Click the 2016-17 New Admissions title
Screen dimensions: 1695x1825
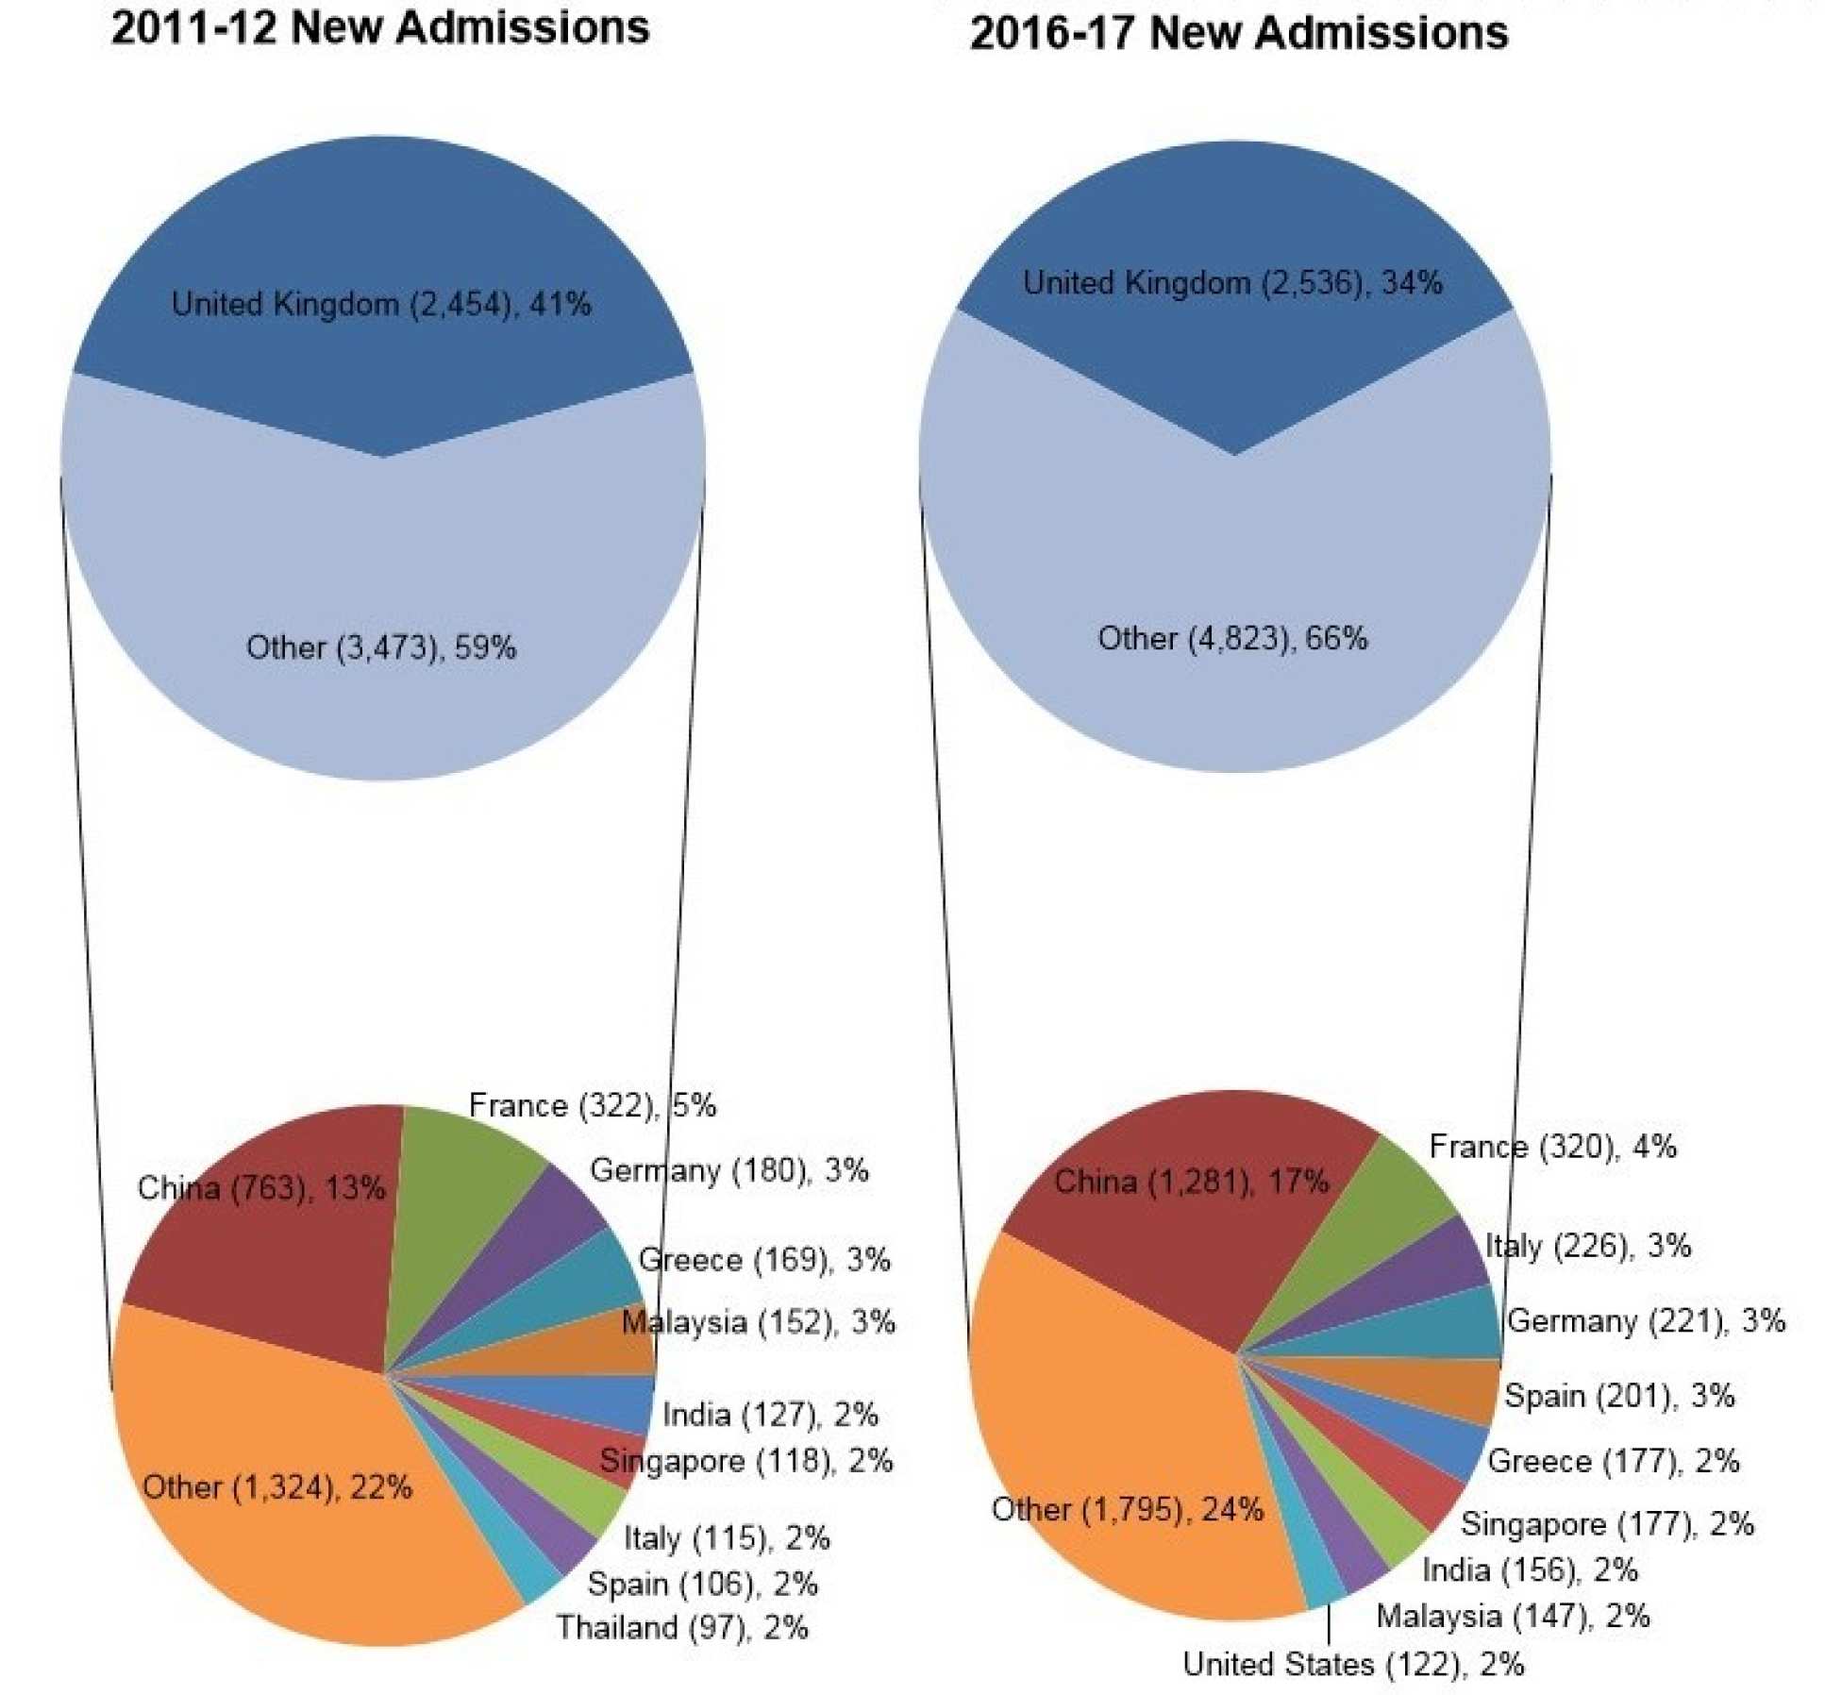tap(1238, 34)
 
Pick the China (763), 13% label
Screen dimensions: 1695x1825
tap(260, 1187)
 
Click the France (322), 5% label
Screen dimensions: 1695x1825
tap(592, 1105)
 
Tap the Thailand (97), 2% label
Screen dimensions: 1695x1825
tap(681, 1627)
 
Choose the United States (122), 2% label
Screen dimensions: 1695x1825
tap(1352, 1664)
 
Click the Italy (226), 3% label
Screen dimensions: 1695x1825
tap(1587, 1246)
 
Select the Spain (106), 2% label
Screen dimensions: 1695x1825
tap(702, 1584)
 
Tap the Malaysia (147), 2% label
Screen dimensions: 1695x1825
tap(1512, 1616)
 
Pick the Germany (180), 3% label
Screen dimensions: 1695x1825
tap(728, 1170)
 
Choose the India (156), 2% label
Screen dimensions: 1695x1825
tap(1529, 1570)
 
